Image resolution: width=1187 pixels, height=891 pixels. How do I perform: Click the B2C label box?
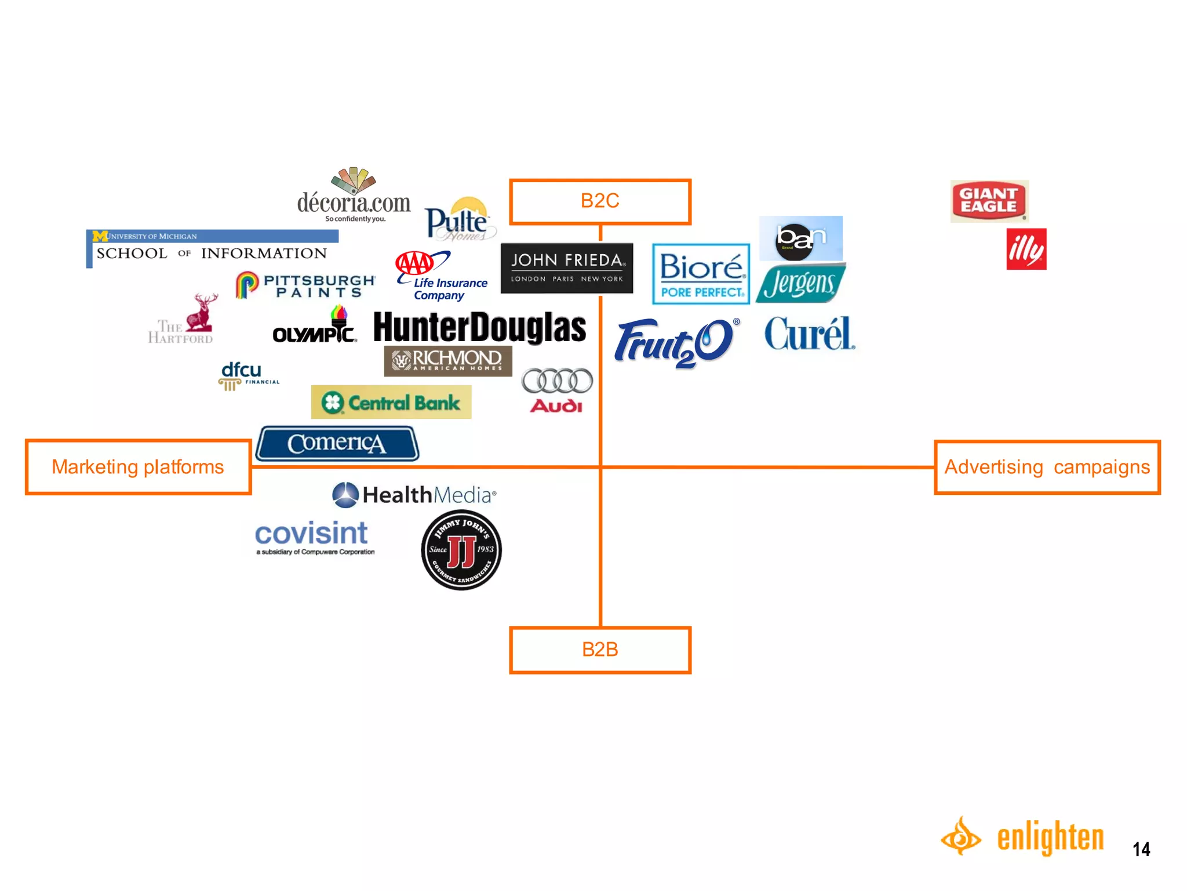click(x=600, y=201)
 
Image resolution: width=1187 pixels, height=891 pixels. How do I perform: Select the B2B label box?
click(x=600, y=650)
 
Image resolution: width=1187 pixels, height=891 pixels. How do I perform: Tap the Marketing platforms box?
click(x=138, y=467)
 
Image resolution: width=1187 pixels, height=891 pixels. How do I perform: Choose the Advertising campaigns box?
click(x=1047, y=467)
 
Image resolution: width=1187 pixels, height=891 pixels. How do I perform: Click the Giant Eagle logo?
click(x=989, y=201)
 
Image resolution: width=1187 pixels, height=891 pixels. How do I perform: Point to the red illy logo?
click(x=1026, y=249)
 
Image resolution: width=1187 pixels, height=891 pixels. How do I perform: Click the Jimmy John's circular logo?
click(x=461, y=550)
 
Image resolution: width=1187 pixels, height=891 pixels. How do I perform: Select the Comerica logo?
click(x=337, y=444)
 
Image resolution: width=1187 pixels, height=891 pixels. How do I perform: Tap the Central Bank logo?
click(x=391, y=402)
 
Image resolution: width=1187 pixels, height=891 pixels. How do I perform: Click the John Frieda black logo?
click(x=566, y=268)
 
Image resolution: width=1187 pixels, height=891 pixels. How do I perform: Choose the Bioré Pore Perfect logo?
click(x=701, y=274)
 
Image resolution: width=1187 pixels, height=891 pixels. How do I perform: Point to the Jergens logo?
click(x=800, y=283)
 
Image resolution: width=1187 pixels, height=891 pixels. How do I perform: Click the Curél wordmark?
click(x=809, y=334)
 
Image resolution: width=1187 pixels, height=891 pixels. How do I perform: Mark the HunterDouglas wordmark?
click(x=479, y=327)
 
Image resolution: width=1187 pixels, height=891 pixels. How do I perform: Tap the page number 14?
click(x=1141, y=849)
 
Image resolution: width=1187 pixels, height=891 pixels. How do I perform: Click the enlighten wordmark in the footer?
click(x=1050, y=838)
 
